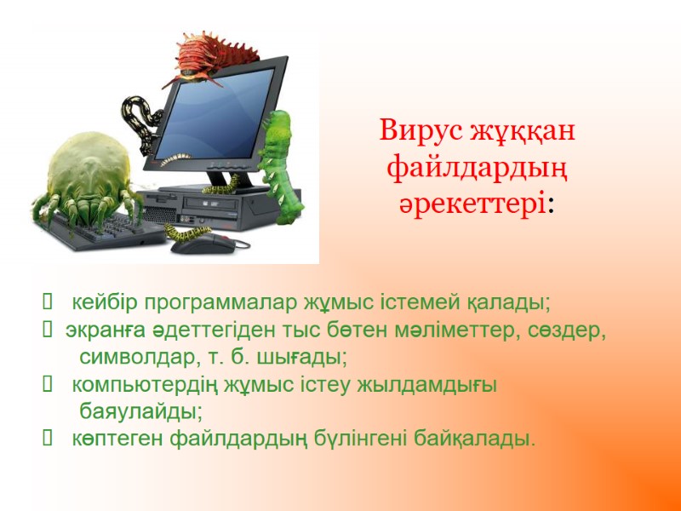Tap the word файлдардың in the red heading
477,168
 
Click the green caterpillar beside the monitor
280,157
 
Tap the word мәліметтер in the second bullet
444,330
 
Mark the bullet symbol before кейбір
46,302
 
